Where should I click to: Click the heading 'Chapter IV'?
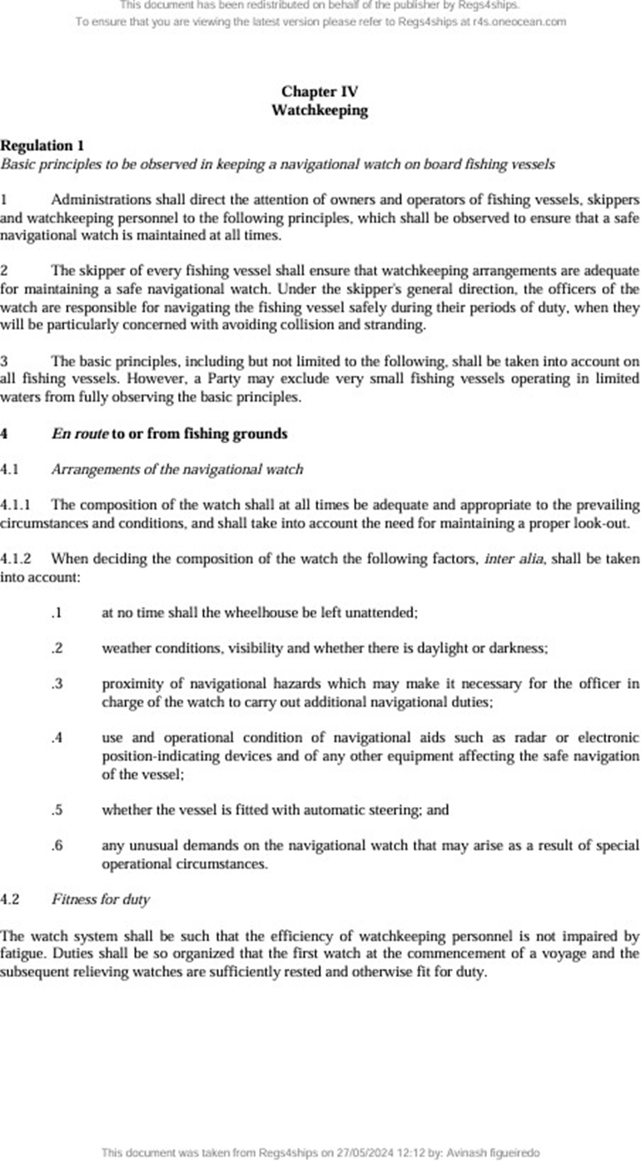[x=320, y=92]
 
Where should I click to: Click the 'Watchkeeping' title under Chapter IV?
[x=320, y=110]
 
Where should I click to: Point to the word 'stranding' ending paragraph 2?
[x=395, y=326]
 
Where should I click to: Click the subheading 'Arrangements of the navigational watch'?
[x=176, y=470]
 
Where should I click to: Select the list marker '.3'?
[x=57, y=684]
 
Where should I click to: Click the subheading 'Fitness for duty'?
[x=100, y=899]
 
